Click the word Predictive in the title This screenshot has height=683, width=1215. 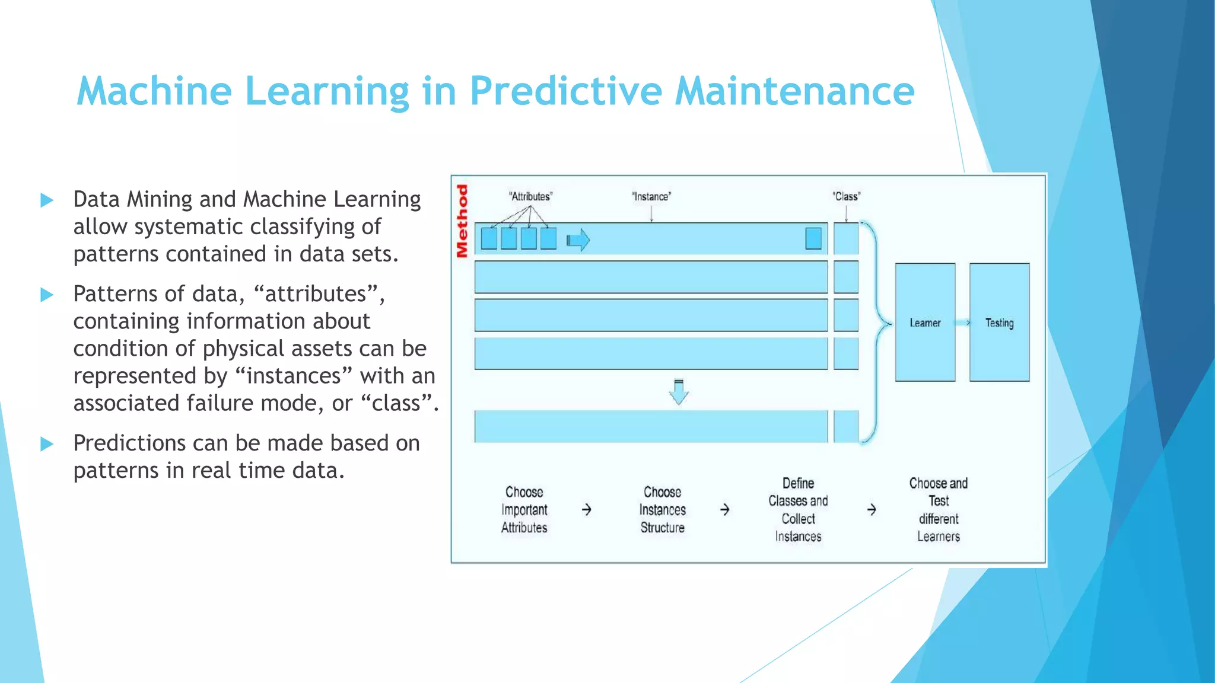565,92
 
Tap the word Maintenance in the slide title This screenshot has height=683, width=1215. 794,92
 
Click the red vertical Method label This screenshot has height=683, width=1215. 462,221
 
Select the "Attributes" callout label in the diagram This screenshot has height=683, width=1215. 530,197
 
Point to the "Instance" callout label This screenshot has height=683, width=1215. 651,197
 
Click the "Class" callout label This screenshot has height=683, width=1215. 846,197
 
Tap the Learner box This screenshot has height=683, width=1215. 925,323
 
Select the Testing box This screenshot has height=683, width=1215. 999,323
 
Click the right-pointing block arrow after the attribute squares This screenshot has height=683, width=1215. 578,240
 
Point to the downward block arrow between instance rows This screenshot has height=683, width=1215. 679,392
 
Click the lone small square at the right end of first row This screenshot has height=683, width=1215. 813,238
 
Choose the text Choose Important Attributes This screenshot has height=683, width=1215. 524,510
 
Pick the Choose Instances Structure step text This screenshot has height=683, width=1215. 662,510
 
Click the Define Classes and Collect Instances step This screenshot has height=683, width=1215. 798,510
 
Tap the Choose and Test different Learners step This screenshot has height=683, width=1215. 938,510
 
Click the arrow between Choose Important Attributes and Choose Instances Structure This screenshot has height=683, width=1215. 586,510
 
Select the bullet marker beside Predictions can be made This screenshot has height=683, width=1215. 47,444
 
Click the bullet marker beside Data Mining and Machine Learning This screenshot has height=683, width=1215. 47,200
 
